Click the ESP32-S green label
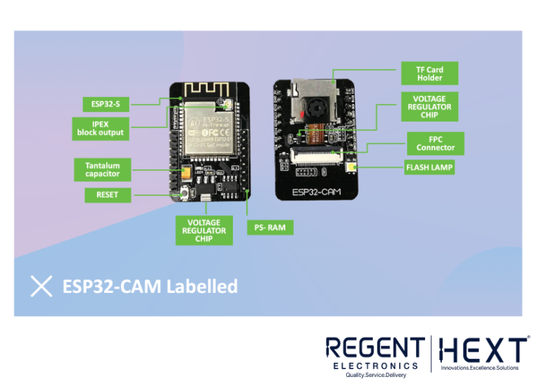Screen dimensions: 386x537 pos(105,104)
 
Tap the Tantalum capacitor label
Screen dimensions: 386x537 pos(102,169)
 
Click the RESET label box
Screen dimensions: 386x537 pos(107,194)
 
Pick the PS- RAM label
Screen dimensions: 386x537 pos(270,227)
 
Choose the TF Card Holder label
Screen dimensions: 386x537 pos(429,73)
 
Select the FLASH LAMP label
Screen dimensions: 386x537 pos(429,167)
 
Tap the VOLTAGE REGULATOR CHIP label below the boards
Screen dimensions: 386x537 pos(203,230)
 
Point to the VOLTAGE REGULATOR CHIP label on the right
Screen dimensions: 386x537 pos(429,106)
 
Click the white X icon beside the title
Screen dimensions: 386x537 pos(42,286)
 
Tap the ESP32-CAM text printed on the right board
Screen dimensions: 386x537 pos(316,190)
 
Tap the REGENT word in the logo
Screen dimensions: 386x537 pos(375,348)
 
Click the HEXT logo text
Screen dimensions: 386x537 pos(481,349)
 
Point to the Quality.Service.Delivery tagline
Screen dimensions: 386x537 pos(375,375)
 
